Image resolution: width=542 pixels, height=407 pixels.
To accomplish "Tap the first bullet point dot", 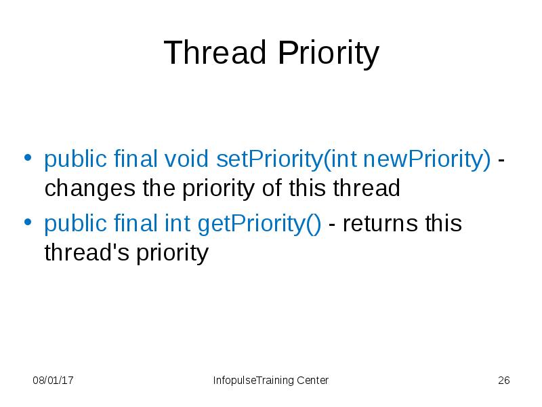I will [x=28, y=159].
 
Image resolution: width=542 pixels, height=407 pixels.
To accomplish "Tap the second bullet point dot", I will [x=28, y=222].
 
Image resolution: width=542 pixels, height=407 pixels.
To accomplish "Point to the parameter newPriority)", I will [x=427, y=160].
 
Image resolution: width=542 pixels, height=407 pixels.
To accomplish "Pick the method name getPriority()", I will [x=259, y=223].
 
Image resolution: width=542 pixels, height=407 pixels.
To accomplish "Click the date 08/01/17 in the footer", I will [x=54, y=381].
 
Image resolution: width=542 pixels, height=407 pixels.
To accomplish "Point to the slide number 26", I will [x=503, y=381].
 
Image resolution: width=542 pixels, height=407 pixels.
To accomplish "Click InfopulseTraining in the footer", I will [x=253, y=381].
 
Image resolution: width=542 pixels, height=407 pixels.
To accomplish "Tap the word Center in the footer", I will [x=312, y=381].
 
